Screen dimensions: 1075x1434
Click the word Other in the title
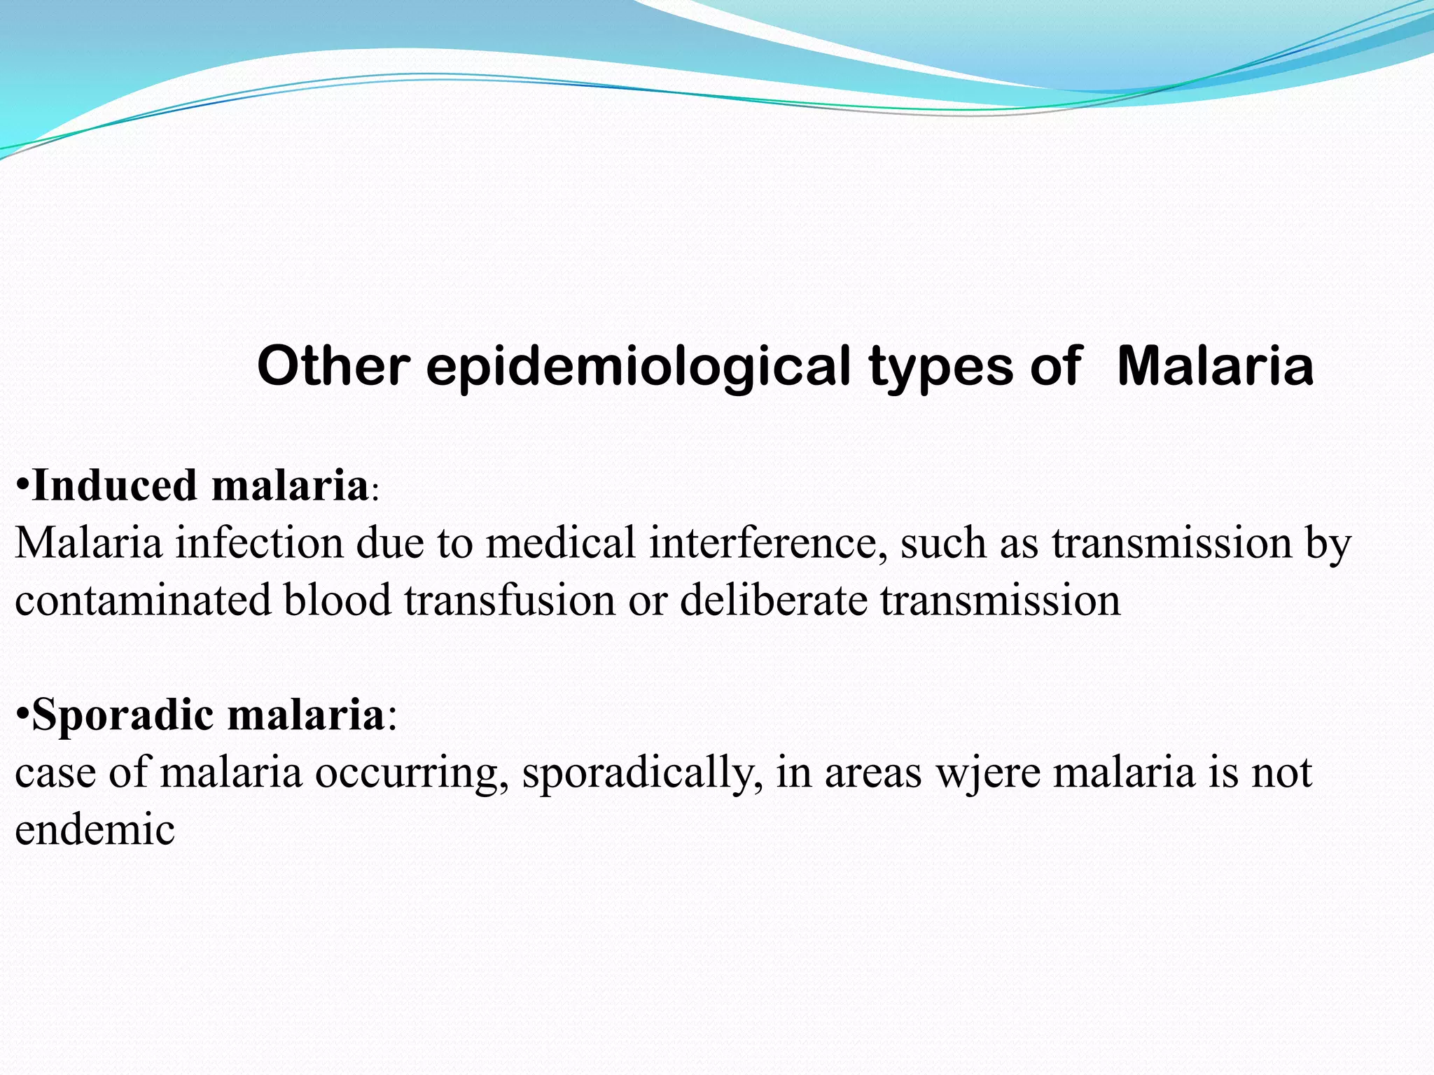tap(333, 366)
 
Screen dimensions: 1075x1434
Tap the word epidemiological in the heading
tap(638, 367)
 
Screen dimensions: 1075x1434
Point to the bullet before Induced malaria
tap(22, 485)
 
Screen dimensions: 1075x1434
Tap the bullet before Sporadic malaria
tap(22, 715)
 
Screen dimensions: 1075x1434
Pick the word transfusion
tap(509, 600)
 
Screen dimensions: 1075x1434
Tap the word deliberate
tap(773, 600)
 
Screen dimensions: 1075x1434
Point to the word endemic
tap(95, 830)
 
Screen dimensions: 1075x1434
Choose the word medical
tap(560, 542)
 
